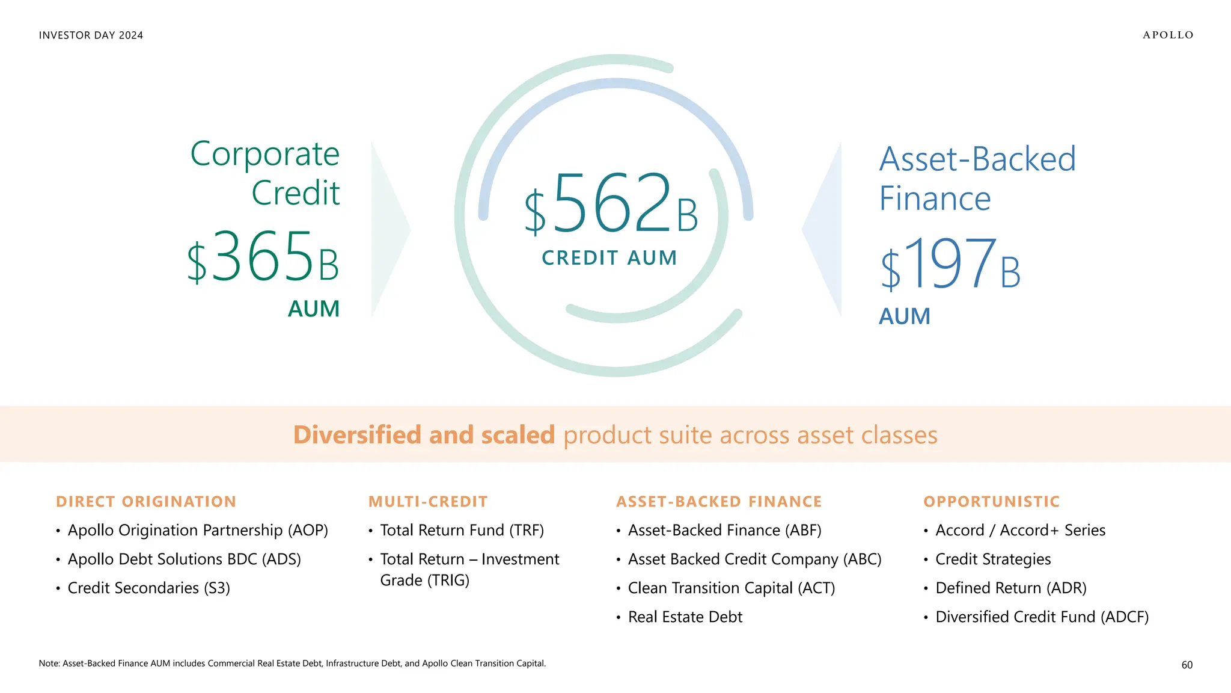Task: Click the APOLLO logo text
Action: coord(1168,35)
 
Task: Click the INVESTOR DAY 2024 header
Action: coord(91,35)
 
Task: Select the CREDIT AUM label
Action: coord(609,258)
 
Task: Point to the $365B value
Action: coord(263,257)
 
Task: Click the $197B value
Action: coord(950,265)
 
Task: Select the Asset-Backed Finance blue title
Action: coord(977,179)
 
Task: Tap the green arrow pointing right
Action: coord(389,229)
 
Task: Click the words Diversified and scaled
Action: coord(424,435)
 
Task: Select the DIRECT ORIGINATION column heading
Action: coord(146,502)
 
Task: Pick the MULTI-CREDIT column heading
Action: coord(428,502)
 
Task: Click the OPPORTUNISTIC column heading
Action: coord(992,502)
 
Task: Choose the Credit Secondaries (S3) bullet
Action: coord(148,588)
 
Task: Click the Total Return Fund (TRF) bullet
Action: coord(462,531)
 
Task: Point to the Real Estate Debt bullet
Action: coord(685,617)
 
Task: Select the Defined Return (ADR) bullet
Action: coord(1011,588)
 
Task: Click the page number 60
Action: coord(1187,665)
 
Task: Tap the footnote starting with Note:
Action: coord(292,664)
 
